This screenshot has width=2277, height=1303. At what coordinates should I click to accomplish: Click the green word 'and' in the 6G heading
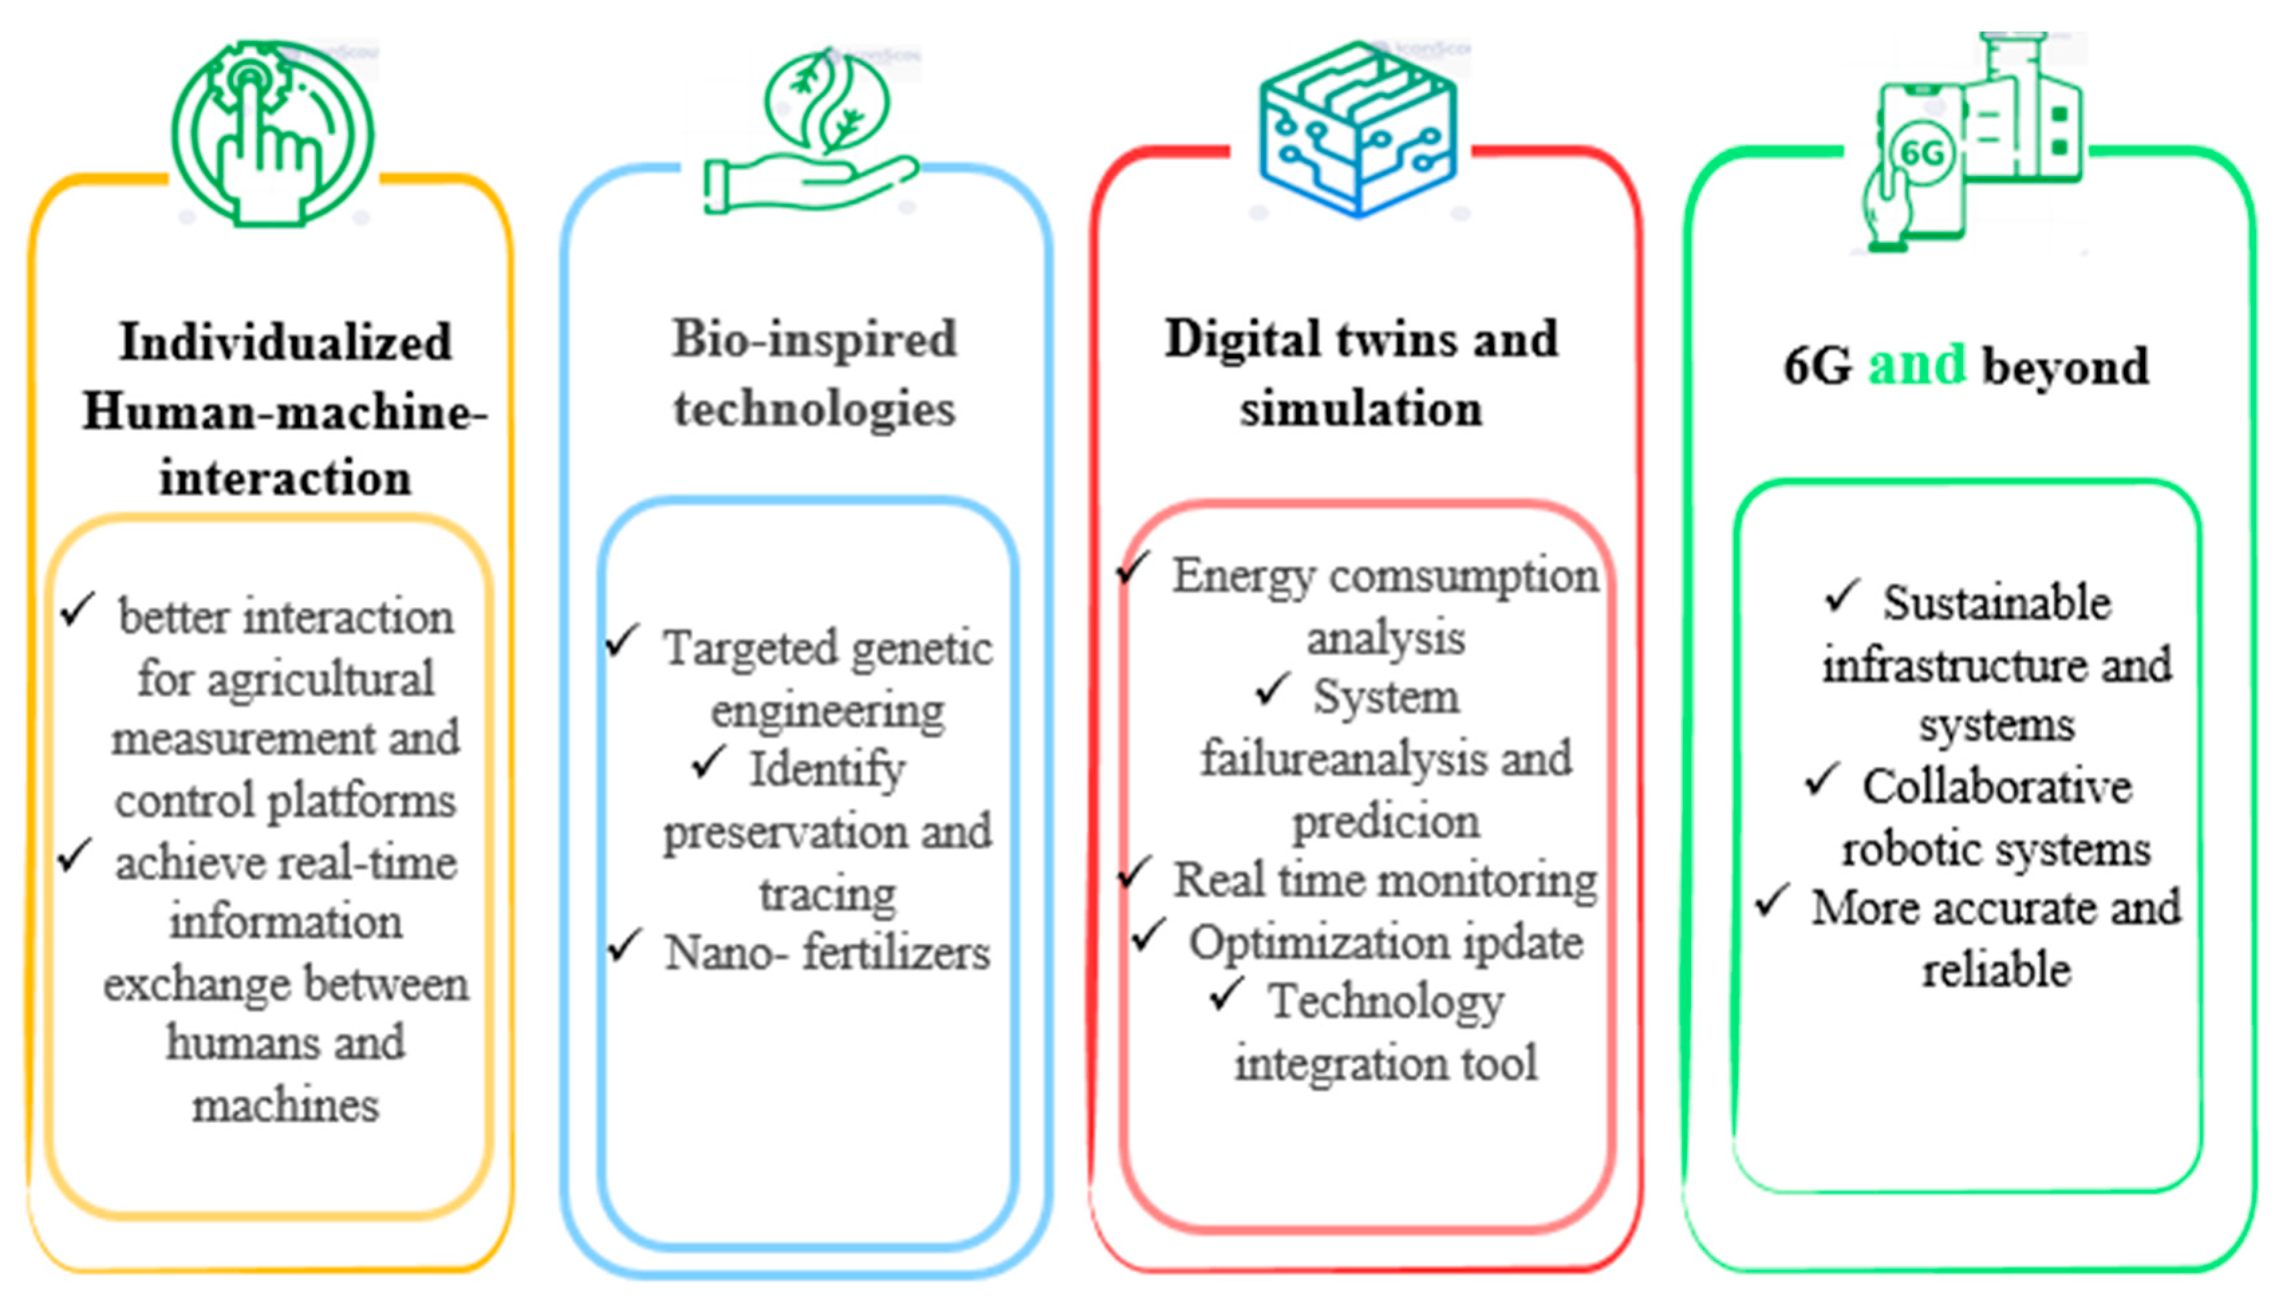click(x=1916, y=365)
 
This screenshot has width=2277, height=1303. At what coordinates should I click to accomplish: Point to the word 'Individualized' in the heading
click(x=286, y=343)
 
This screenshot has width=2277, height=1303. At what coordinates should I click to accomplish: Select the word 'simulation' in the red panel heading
click(x=1361, y=410)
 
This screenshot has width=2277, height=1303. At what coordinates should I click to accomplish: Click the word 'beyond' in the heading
click(x=2065, y=367)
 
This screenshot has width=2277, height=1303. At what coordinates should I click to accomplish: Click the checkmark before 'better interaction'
click(x=78, y=610)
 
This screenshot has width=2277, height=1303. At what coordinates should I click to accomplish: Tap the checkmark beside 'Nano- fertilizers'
click(x=624, y=945)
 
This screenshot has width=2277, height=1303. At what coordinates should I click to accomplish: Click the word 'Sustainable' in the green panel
click(x=1997, y=602)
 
